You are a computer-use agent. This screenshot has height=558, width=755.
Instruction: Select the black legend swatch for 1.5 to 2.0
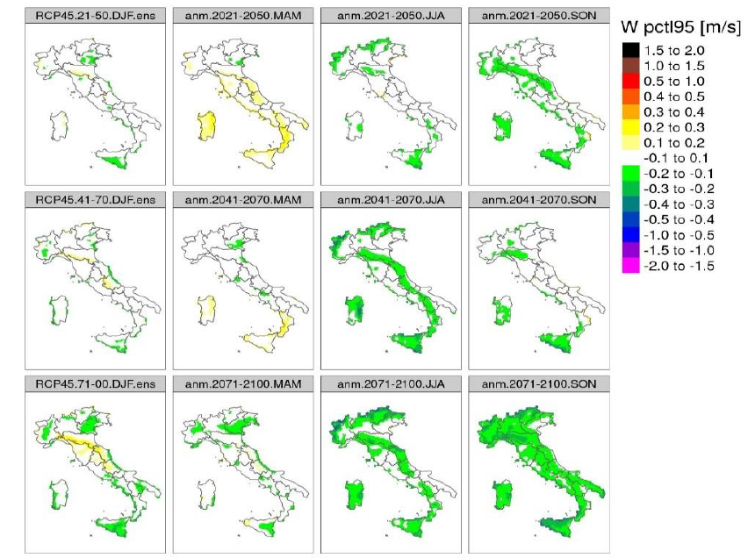629,50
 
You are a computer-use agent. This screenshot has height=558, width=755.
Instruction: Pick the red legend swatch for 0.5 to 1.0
629,81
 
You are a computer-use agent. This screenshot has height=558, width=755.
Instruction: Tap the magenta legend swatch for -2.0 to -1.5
629,267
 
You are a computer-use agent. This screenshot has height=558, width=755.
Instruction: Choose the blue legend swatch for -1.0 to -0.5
629,235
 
